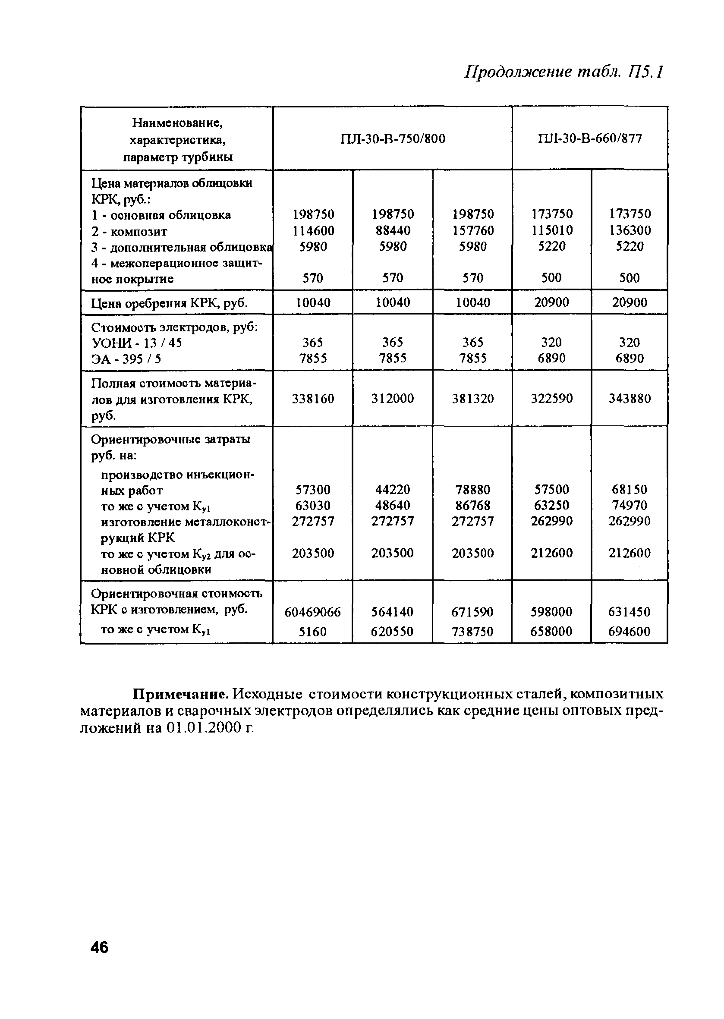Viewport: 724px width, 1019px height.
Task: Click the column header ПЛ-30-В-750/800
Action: pyautogui.click(x=393, y=139)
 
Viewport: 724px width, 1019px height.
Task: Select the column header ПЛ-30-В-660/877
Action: pyautogui.click(x=590, y=138)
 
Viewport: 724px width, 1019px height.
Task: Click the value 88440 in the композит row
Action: pyautogui.click(x=393, y=230)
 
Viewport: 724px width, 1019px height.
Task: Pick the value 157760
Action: pyautogui.click(x=472, y=230)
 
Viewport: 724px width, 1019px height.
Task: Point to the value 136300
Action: pyautogui.click(x=630, y=230)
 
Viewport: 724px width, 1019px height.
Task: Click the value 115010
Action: pyautogui.click(x=551, y=230)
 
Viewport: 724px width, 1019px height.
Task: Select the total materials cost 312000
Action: pyautogui.click(x=393, y=399)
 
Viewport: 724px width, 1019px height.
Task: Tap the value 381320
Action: pyautogui.click(x=472, y=399)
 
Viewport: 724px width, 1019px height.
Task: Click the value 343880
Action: pyautogui.click(x=630, y=399)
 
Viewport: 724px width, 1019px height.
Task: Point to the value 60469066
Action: pyautogui.click(x=312, y=612)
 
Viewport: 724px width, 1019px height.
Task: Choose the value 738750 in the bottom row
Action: pyautogui.click(x=472, y=632)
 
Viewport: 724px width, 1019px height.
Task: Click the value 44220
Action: pyautogui.click(x=393, y=490)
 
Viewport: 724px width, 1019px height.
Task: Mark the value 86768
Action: pyautogui.click(x=472, y=506)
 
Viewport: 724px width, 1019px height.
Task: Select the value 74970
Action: pyautogui.click(x=630, y=506)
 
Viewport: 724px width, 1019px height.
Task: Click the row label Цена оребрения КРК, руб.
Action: pyautogui.click(x=169, y=304)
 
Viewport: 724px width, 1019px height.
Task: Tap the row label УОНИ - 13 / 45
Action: pyautogui.click(x=136, y=343)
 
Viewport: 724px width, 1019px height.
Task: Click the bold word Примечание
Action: pyautogui.click(x=182, y=694)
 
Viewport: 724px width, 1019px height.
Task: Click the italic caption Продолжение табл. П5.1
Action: pyautogui.click(x=564, y=72)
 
